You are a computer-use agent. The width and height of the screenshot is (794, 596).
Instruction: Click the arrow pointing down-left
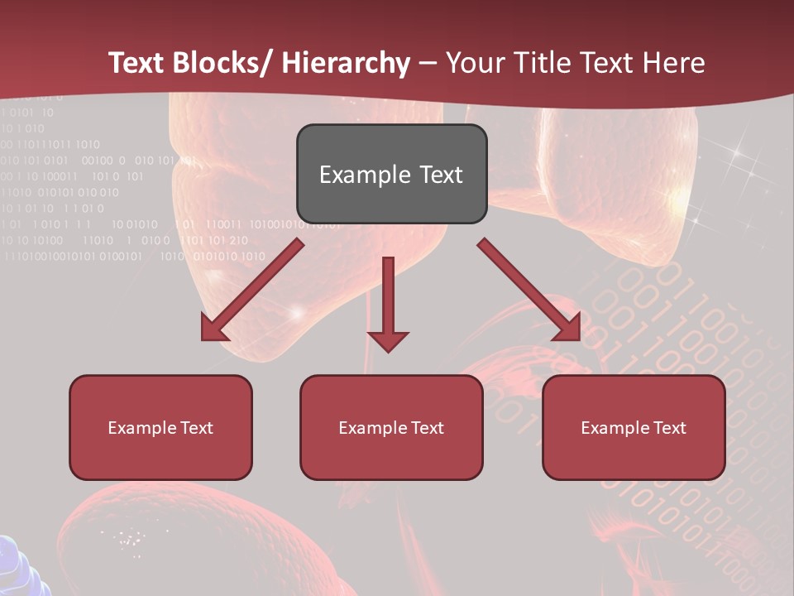click(251, 291)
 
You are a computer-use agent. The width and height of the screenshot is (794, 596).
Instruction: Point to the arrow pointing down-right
click(529, 291)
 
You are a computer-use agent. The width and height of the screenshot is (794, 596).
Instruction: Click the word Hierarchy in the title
click(346, 63)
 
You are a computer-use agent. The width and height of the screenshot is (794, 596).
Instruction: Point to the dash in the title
click(428, 63)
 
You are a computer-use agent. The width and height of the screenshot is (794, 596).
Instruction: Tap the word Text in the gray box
click(441, 175)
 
